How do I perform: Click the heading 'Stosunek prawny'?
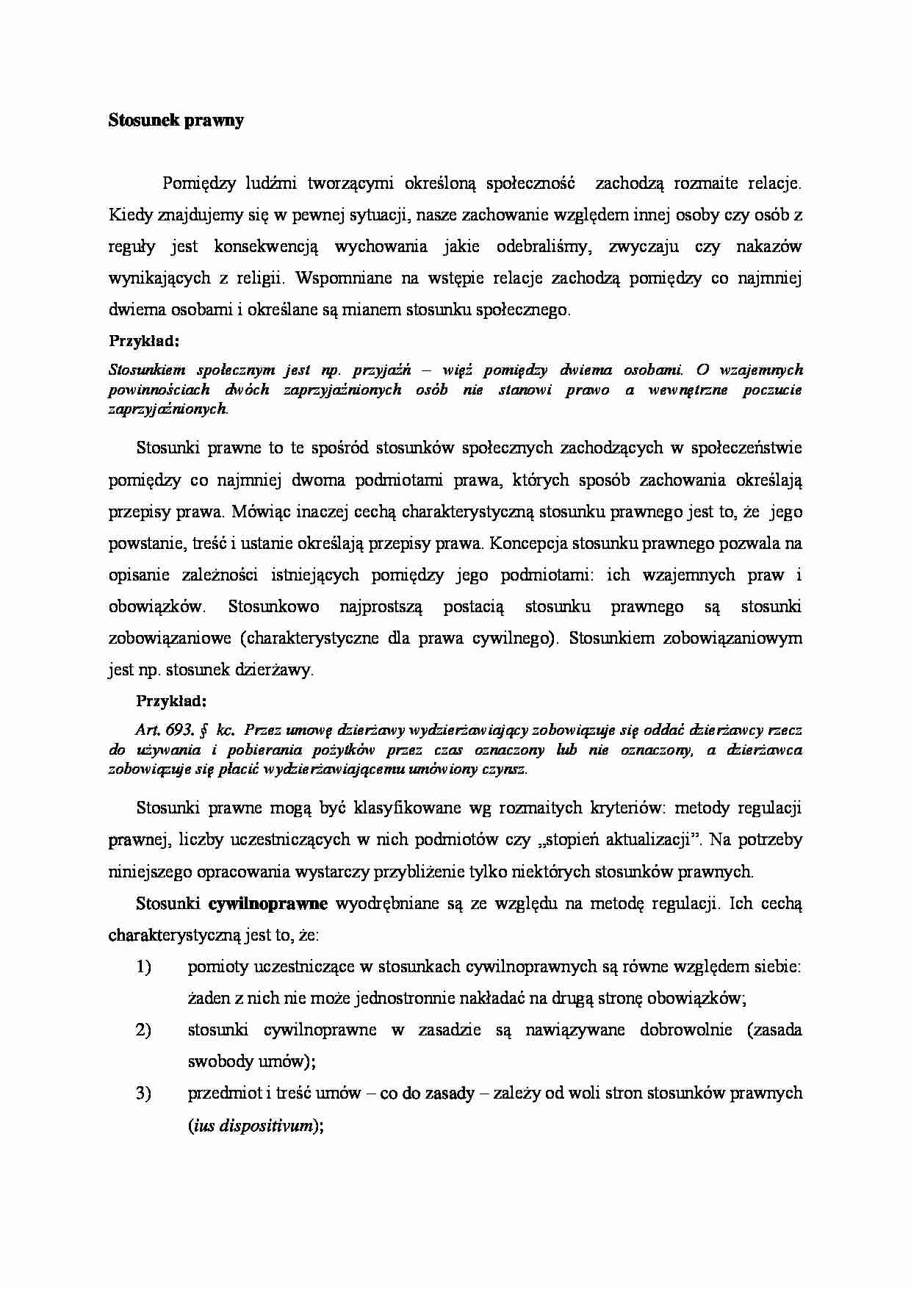pyautogui.click(x=176, y=121)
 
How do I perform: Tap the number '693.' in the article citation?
pyautogui.click(x=180, y=730)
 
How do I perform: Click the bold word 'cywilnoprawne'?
pyautogui.click(x=268, y=903)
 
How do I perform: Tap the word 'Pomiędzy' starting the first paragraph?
pyautogui.click(x=197, y=183)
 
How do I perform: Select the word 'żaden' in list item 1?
pyautogui.click(x=209, y=998)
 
